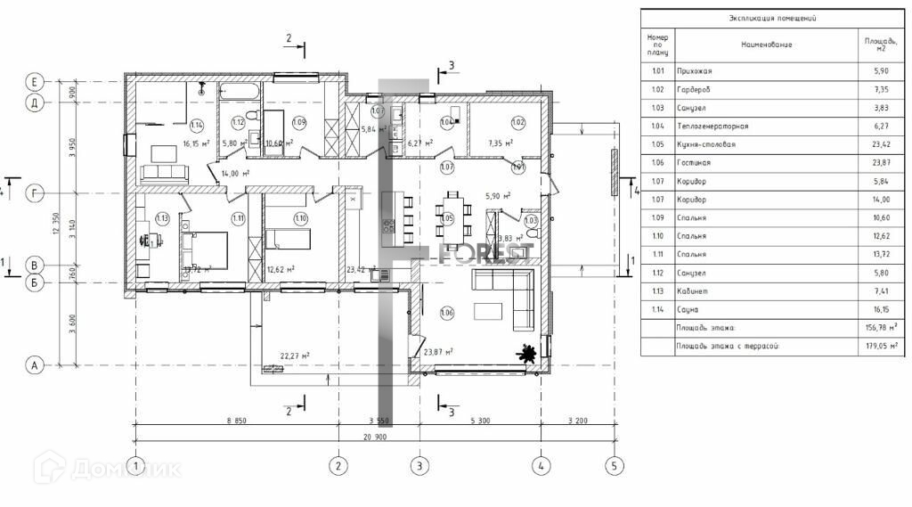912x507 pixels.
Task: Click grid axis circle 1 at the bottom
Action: [134, 465]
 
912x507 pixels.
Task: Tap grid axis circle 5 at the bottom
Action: [613, 465]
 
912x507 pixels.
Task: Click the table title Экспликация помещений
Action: [773, 18]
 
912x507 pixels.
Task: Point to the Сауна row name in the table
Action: [685, 310]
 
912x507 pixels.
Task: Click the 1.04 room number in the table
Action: [658, 127]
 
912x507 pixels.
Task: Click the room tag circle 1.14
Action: [197, 124]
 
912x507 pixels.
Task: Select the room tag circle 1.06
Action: [447, 312]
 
